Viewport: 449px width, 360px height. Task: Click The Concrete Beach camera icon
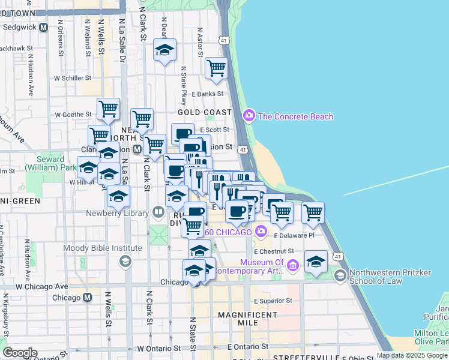coord(249,116)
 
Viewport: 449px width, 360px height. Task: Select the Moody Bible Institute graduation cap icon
coord(125,260)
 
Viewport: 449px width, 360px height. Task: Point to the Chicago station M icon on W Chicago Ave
coord(88,297)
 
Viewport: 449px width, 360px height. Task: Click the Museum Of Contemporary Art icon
coord(292,265)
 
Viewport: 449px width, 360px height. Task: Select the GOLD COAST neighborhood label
coord(205,112)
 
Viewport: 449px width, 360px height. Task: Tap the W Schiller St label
coord(72,77)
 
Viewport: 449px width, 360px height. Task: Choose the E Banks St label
coord(207,94)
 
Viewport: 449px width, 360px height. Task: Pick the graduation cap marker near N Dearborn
coord(164,50)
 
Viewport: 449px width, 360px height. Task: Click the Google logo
coord(20,353)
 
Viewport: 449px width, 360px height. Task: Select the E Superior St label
coord(273,301)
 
